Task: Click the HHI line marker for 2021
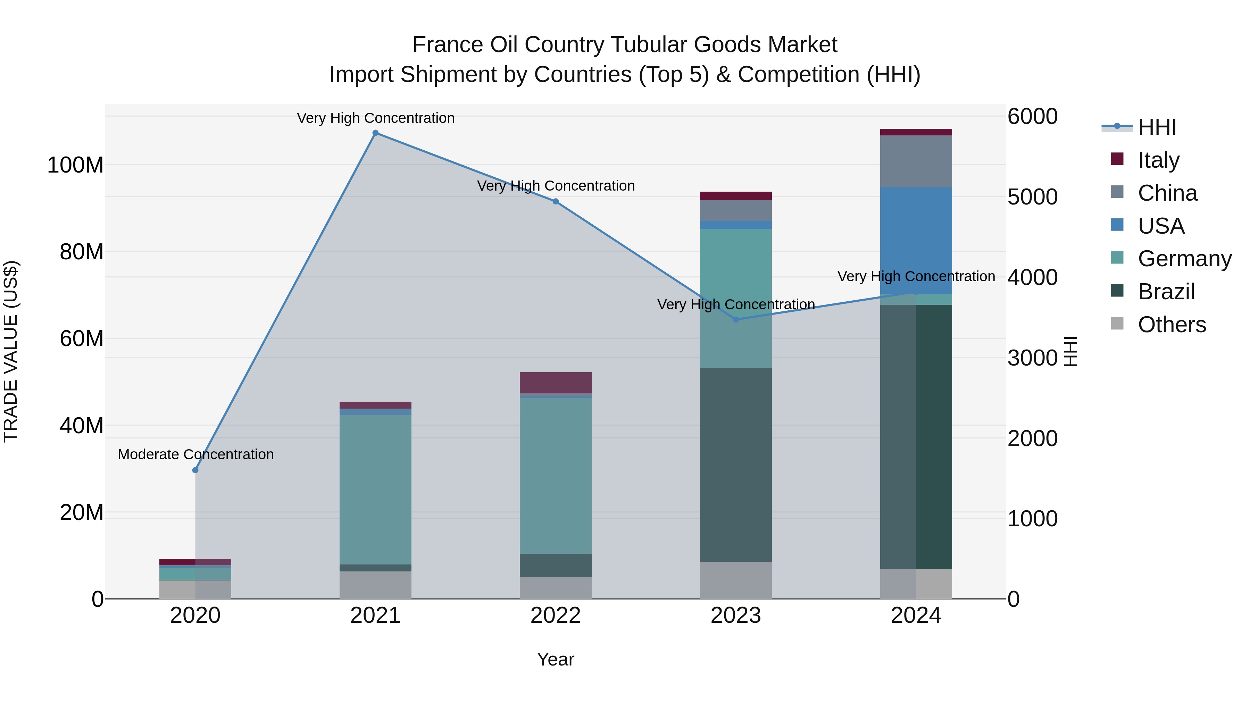click(x=375, y=133)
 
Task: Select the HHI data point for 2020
click(x=195, y=470)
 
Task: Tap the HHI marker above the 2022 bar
click(x=556, y=201)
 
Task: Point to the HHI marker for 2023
click(x=736, y=319)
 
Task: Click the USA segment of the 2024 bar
click(x=916, y=240)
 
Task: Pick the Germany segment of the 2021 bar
click(x=375, y=489)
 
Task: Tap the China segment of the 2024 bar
click(x=916, y=161)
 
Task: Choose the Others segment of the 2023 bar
click(x=736, y=580)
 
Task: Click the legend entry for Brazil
click(x=1166, y=292)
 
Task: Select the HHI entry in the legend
click(x=1157, y=127)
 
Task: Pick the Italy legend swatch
click(x=1117, y=159)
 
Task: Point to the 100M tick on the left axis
click(x=75, y=165)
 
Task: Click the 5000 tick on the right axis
click(x=1032, y=197)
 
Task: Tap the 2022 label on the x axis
click(x=556, y=616)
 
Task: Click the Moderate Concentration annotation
click(x=195, y=454)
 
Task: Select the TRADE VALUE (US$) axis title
click(x=11, y=351)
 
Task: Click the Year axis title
click(x=556, y=659)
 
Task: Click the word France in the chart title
click(x=448, y=45)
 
